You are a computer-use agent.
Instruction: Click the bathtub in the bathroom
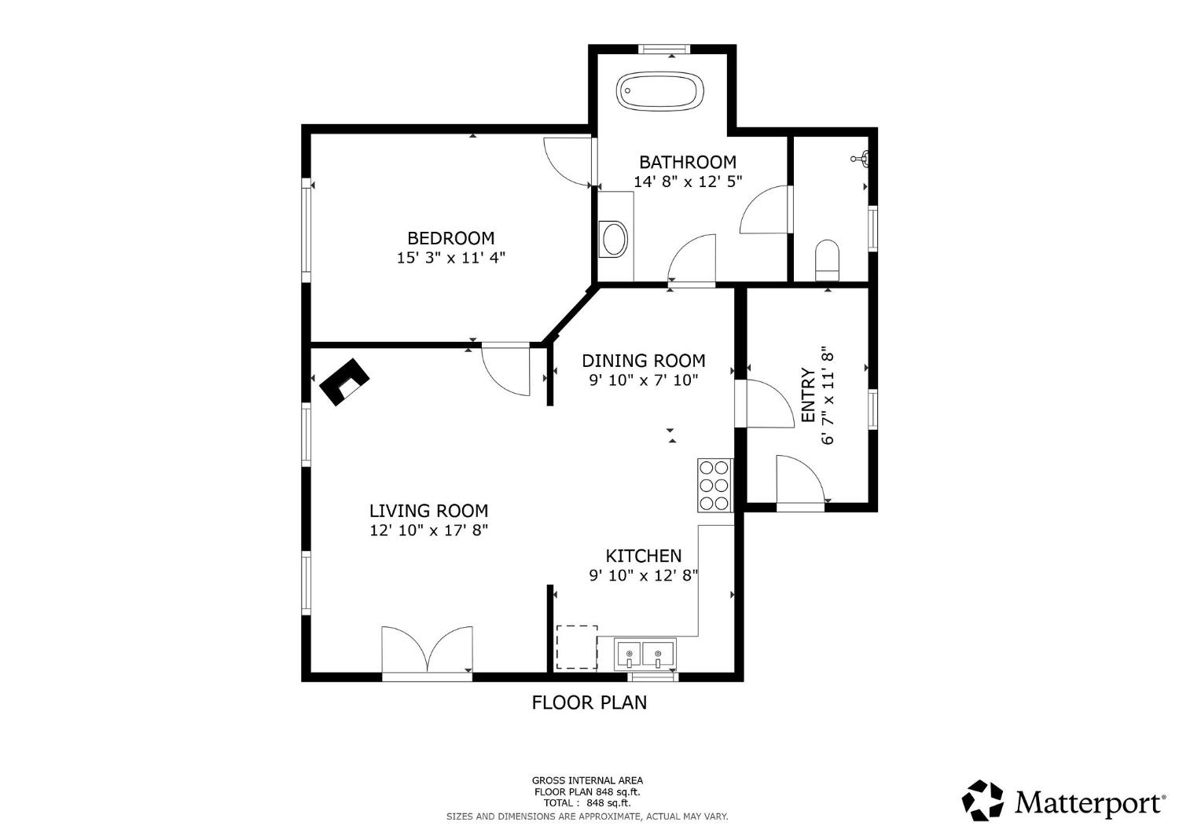coord(660,91)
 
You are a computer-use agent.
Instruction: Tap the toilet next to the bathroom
coord(827,260)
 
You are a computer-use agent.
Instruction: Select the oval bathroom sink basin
coord(614,239)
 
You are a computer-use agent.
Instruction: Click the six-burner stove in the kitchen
coord(714,485)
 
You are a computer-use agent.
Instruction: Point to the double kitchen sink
coord(645,655)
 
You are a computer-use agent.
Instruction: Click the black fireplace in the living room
coord(344,381)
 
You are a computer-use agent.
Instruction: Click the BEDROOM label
coord(451,238)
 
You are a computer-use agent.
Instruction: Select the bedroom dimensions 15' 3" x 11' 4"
coord(451,258)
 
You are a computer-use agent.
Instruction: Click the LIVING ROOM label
coord(428,511)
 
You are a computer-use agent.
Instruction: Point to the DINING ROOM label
coord(643,361)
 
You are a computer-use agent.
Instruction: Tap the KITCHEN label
coord(643,556)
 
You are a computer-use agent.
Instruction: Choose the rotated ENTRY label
coord(808,394)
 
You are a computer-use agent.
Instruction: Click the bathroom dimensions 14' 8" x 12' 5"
coord(688,182)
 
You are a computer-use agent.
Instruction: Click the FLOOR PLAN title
coord(589,703)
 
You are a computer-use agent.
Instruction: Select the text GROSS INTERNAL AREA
coord(587,780)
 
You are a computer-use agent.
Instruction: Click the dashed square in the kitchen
coord(577,648)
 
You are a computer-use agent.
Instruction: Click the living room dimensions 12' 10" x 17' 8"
coord(428,530)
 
